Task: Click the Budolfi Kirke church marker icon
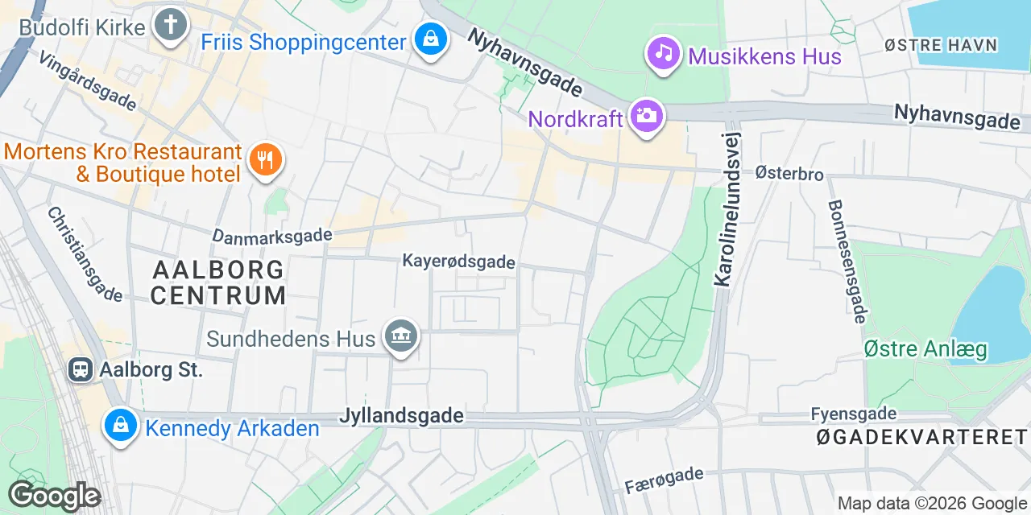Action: point(170,25)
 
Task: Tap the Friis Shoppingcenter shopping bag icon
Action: point(432,39)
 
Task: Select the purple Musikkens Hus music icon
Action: point(663,54)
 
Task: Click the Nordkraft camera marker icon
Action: point(646,117)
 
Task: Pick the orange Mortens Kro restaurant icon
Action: point(263,159)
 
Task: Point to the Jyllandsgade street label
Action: point(401,415)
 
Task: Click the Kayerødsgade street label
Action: point(458,262)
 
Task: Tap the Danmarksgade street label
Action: point(272,236)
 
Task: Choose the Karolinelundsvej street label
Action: point(727,208)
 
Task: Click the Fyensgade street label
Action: point(853,414)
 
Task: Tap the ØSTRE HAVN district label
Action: point(941,45)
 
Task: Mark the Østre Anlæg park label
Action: point(925,349)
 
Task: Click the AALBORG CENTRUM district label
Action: point(217,282)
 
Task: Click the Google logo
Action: point(53,496)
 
